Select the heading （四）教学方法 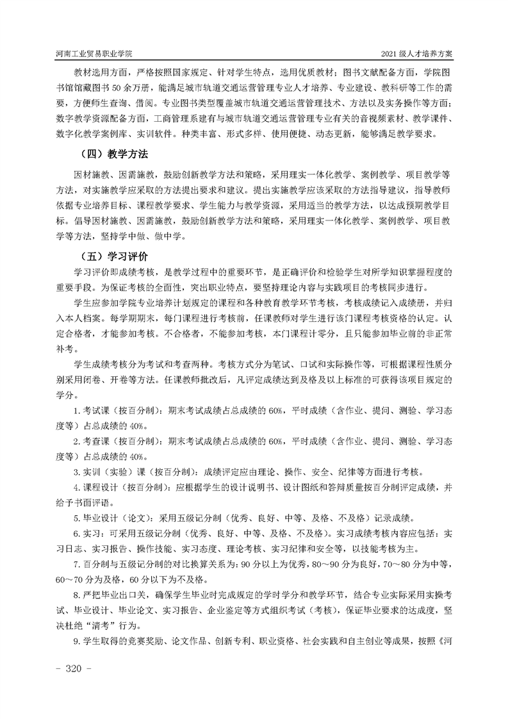(x=111, y=154)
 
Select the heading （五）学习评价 (x=111, y=257)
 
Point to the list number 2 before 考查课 (x=76, y=443)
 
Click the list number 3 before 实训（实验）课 (x=76, y=474)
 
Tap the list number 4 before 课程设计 (x=76, y=489)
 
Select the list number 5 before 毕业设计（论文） (x=76, y=520)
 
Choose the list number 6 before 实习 (x=76, y=536)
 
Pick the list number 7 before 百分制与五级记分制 (x=76, y=566)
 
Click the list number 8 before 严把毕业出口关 (x=76, y=598)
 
